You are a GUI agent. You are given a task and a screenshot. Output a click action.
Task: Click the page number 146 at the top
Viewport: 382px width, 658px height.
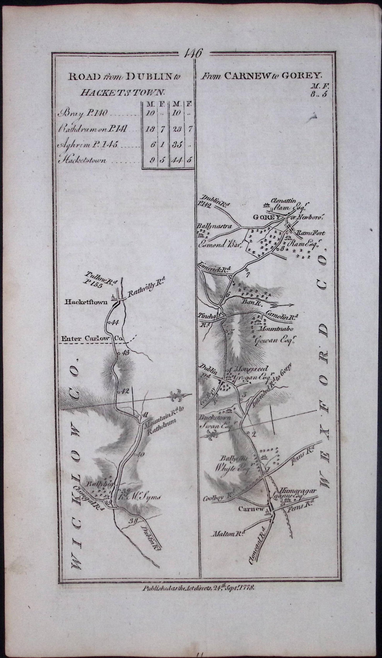[194, 53]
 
